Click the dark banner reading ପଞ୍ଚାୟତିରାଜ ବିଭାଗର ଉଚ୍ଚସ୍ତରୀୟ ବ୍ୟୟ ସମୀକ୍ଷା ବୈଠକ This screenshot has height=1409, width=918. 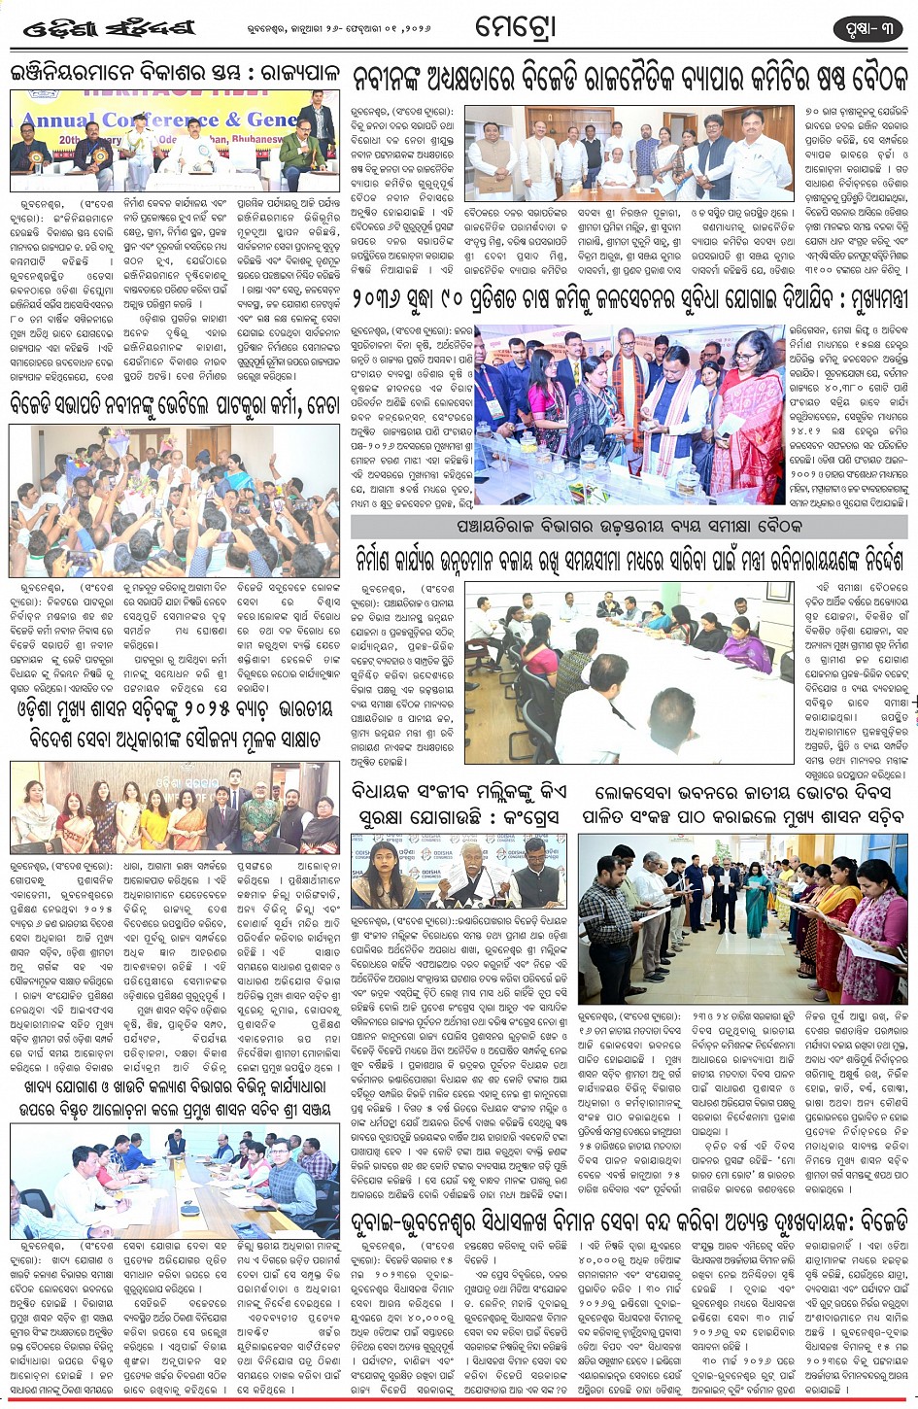(630, 527)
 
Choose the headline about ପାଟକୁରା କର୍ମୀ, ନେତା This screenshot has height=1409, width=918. (175, 404)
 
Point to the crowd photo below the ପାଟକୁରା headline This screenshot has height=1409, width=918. (175, 500)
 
